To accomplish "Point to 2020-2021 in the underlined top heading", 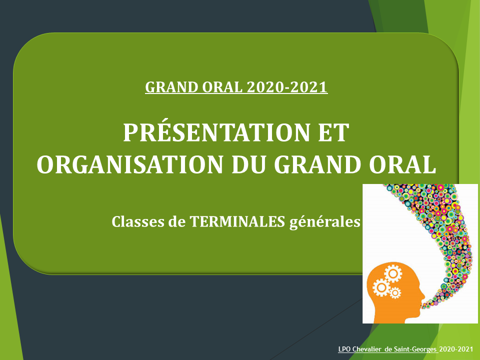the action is [x=287, y=87].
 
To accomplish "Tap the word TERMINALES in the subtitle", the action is [x=237, y=221].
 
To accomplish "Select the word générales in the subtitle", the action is [x=325, y=222].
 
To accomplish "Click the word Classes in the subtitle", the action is [x=138, y=221].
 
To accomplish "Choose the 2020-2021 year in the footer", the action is [x=456, y=349].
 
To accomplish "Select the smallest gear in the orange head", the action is [x=395, y=293].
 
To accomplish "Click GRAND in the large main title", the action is [x=317, y=164].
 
